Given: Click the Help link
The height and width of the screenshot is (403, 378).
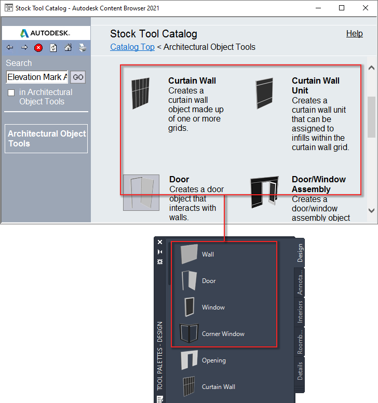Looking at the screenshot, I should tap(354, 34).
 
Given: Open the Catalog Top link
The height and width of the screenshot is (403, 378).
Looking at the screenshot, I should tap(132, 47).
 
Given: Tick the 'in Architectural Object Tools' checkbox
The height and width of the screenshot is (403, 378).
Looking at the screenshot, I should tap(11, 92).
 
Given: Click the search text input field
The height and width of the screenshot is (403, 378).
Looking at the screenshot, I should tap(37, 77).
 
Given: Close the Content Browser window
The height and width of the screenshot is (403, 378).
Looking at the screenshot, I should tap(365, 8).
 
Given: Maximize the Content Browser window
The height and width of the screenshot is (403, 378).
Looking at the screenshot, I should tap(341, 8).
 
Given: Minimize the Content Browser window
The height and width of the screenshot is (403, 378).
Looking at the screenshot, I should tap(317, 8).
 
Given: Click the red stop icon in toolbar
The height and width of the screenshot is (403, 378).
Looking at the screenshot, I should tap(38, 48).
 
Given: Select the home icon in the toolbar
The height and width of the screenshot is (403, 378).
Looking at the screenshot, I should tap(67, 48).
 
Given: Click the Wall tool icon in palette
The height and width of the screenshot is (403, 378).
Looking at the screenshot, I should tap(190, 254).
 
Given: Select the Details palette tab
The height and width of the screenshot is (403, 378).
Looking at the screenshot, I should tap(300, 371).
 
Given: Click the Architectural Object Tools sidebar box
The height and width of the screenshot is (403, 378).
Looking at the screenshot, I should tap(46, 139).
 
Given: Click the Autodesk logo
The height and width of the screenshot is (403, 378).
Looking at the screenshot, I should tap(46, 33).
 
